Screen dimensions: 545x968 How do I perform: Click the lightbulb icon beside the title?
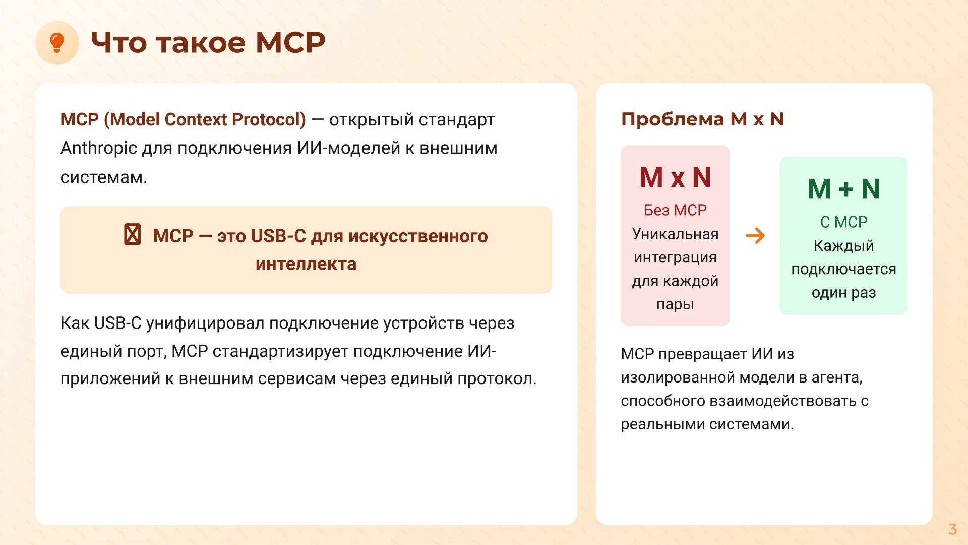pyautogui.click(x=57, y=42)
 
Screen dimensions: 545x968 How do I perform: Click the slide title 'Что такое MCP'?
pyautogui.click(x=208, y=42)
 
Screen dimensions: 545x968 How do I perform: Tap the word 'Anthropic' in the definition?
pyautogui.click(x=99, y=148)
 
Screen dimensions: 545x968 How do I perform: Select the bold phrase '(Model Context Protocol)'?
pyautogui.click(x=205, y=120)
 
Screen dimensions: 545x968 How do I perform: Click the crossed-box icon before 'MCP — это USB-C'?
pyautogui.click(x=133, y=235)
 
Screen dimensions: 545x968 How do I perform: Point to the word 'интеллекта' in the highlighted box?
pyautogui.click(x=306, y=264)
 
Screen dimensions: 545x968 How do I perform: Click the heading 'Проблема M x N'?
pyautogui.click(x=702, y=119)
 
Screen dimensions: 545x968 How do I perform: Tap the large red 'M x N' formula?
pyautogui.click(x=675, y=178)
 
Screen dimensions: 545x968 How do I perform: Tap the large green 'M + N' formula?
pyautogui.click(x=843, y=189)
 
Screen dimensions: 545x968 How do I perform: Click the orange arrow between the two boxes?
pyautogui.click(x=755, y=236)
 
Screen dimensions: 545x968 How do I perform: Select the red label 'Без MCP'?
pyautogui.click(x=675, y=210)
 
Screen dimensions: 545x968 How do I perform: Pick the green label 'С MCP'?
pyautogui.click(x=843, y=222)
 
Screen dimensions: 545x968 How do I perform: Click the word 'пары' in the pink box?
pyautogui.click(x=675, y=304)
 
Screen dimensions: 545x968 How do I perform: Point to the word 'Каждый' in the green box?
pyautogui.click(x=843, y=246)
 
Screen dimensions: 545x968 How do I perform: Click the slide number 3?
pyautogui.click(x=952, y=529)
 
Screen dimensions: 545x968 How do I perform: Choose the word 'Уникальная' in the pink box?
pyautogui.click(x=675, y=234)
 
